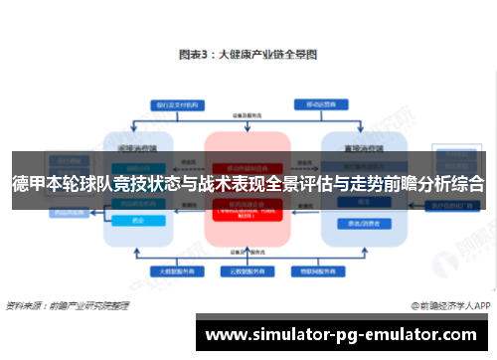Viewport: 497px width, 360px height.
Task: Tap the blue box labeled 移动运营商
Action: tap(316, 103)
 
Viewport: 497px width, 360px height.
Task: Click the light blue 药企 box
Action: tap(136, 223)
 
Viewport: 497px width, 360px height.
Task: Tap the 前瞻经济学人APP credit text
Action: tap(452, 304)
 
